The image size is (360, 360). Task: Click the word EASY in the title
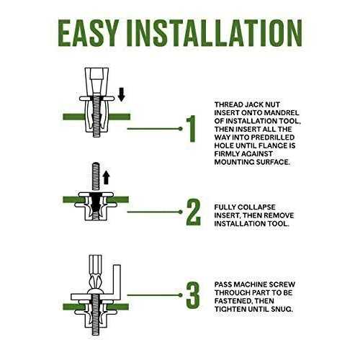(89, 33)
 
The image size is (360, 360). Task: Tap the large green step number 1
(192, 129)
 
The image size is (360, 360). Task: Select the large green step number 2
(193, 212)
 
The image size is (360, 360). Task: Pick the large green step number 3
(193, 295)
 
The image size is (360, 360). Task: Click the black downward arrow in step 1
(122, 94)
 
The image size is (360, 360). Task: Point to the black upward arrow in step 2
(106, 178)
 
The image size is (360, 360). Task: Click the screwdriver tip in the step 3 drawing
(96, 283)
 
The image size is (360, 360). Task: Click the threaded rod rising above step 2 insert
(96, 177)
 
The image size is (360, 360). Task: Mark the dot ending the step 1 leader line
(181, 129)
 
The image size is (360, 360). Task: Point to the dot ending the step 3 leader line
(181, 295)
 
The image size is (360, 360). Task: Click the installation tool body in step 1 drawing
(96, 81)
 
